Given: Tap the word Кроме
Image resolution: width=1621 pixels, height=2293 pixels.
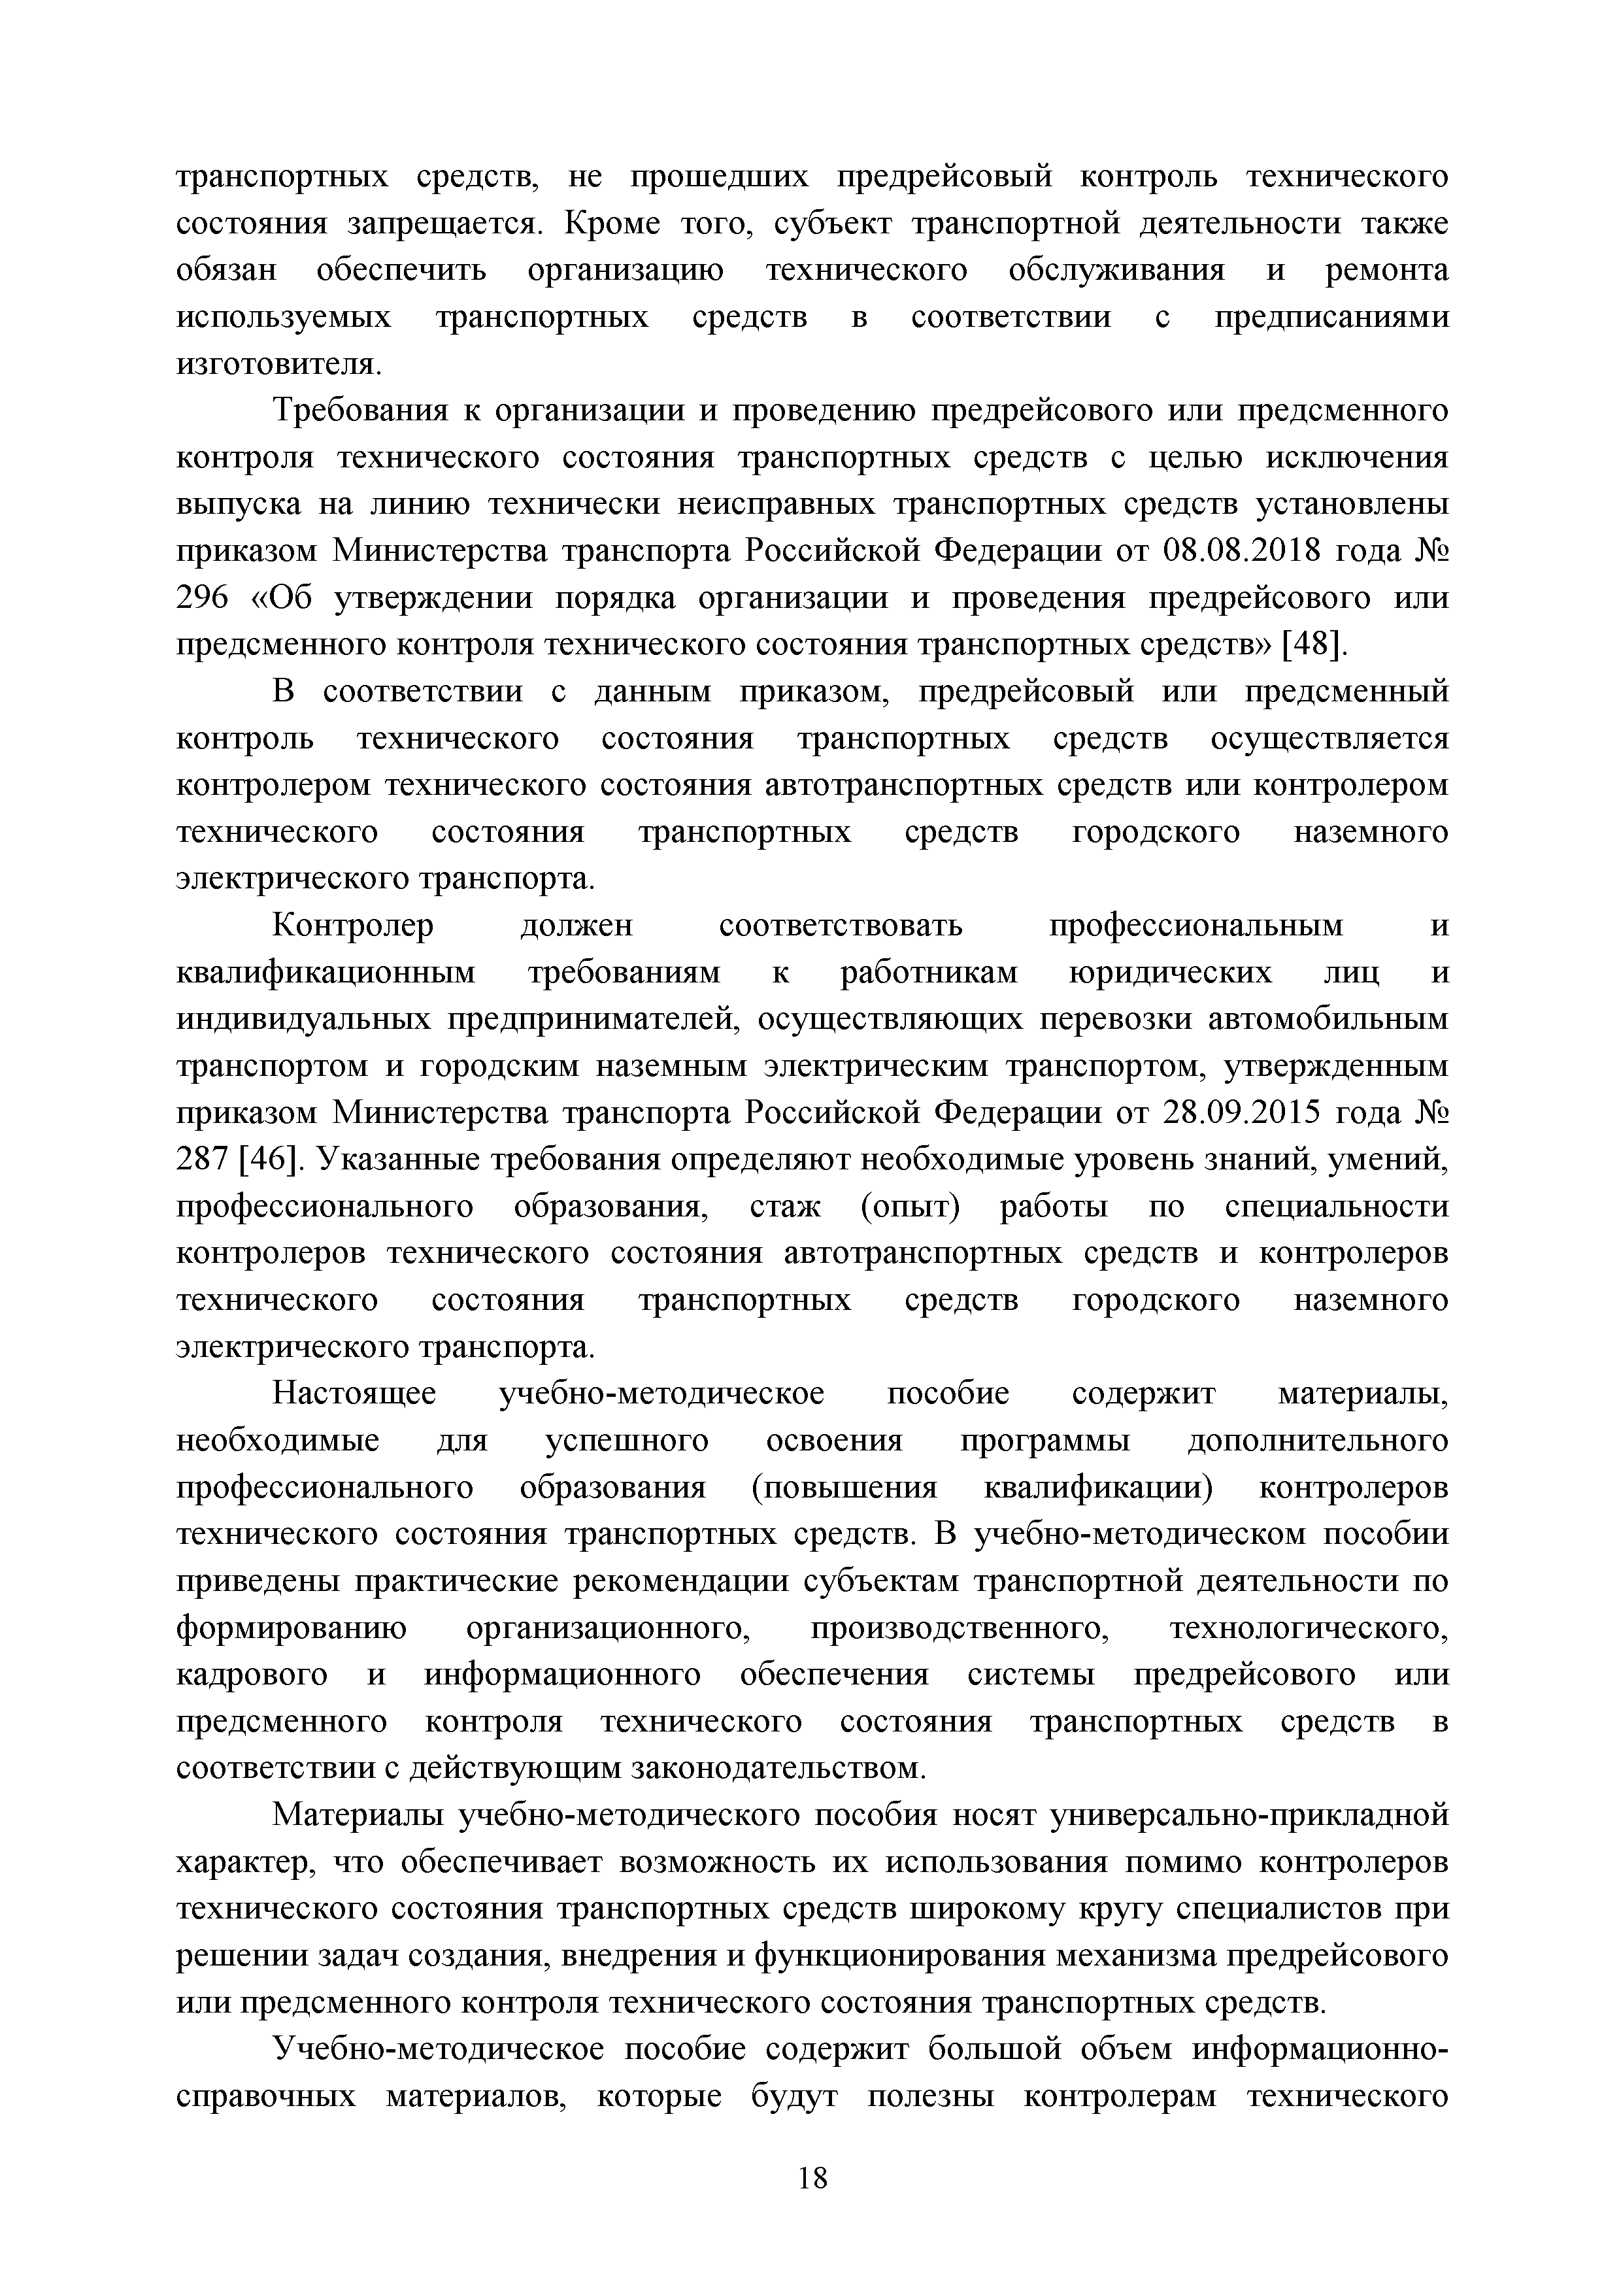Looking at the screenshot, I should point(612,224).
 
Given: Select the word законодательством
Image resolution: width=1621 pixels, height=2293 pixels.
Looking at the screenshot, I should point(780,1769).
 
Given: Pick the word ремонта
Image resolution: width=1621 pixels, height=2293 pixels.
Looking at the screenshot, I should point(1385,271).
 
